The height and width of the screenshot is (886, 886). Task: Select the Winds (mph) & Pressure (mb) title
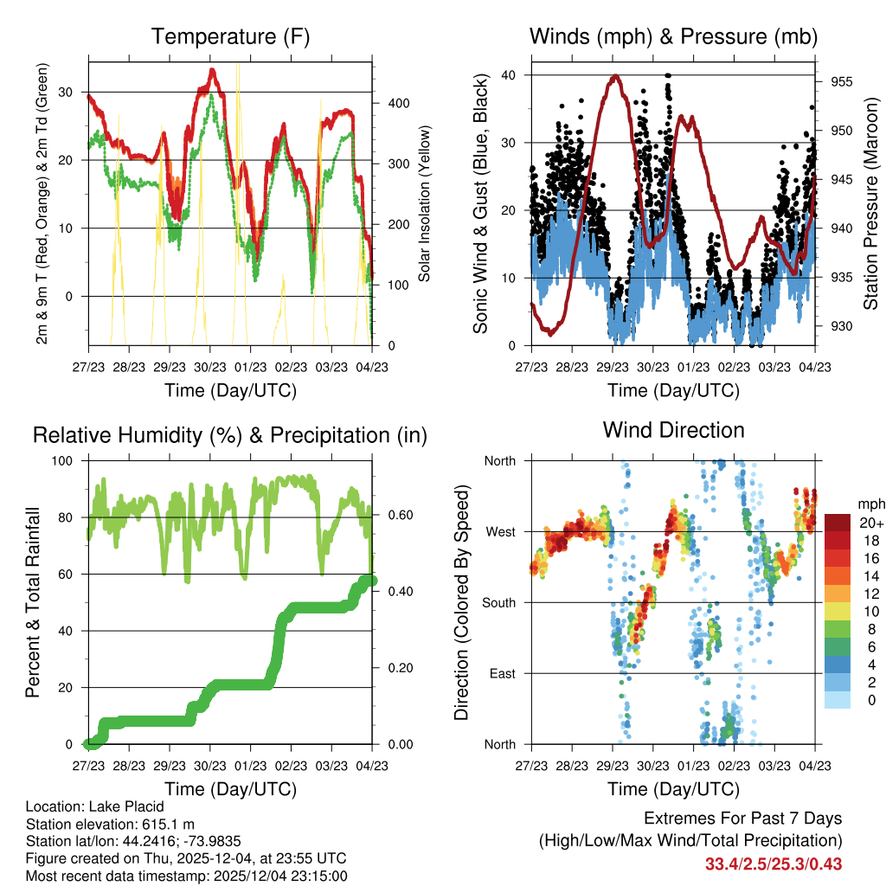[x=673, y=37]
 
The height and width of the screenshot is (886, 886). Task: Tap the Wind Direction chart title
[x=673, y=429]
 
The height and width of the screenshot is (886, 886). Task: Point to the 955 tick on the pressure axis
[x=842, y=82]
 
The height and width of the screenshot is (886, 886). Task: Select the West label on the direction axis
[x=500, y=531]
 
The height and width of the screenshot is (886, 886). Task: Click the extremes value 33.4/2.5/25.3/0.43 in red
[x=774, y=864]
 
